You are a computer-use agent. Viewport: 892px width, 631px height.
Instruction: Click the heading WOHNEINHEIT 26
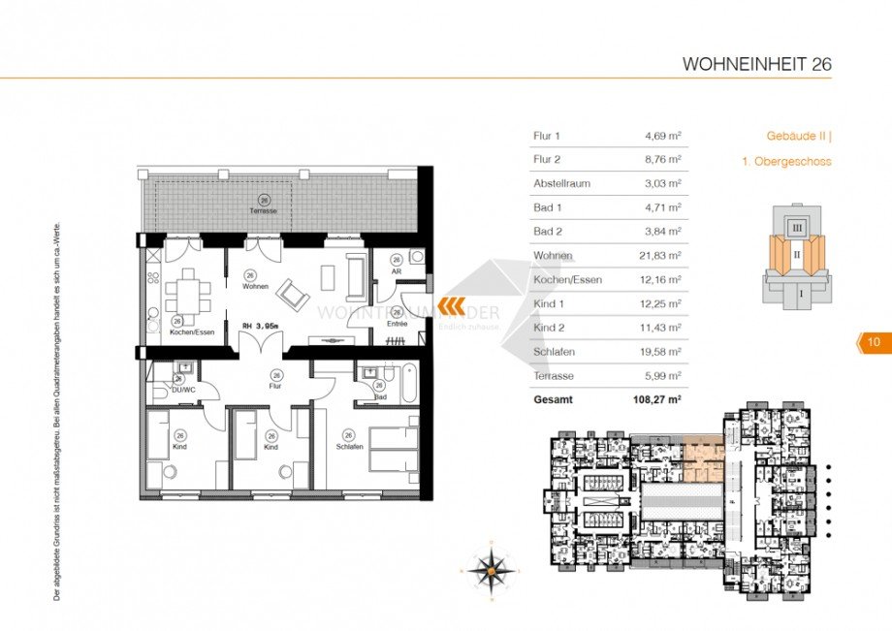pos(756,65)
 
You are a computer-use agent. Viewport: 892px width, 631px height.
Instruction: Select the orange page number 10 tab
pos(873,341)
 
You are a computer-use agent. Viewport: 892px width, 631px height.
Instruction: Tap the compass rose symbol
pos(492,570)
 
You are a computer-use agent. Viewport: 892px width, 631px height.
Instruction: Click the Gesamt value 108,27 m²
pos(656,398)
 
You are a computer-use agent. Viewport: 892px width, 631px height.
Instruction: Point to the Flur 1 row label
pos(547,136)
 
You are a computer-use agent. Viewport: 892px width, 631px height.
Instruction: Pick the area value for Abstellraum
pos(663,183)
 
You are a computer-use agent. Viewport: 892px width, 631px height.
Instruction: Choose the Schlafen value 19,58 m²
pos(663,351)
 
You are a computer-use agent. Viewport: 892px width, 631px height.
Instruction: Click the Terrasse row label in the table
pos(555,375)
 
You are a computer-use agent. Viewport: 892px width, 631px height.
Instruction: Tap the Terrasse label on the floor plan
pos(264,210)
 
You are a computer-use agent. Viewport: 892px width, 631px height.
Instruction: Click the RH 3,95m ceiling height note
pos(260,326)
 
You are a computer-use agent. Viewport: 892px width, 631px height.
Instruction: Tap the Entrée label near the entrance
pos(397,323)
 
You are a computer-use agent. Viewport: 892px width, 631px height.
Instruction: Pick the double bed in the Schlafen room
pos(394,449)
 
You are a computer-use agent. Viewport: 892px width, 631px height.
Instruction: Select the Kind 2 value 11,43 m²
pos(663,328)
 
